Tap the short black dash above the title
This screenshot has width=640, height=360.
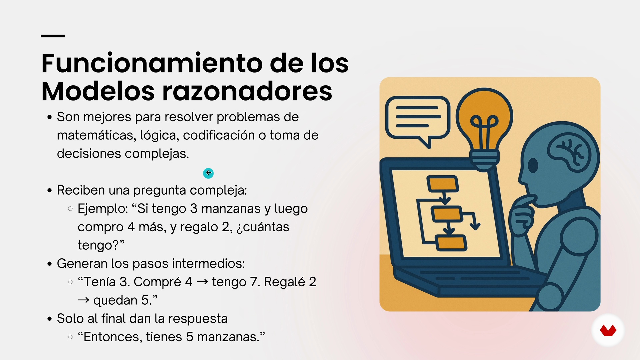(x=53, y=36)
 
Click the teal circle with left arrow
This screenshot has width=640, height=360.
(x=208, y=173)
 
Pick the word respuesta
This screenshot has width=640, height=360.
(x=198, y=319)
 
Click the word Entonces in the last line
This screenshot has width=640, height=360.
(x=110, y=337)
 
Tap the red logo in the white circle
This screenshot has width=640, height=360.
(x=608, y=331)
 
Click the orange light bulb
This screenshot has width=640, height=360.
(x=484, y=128)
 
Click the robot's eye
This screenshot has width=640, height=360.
(x=533, y=165)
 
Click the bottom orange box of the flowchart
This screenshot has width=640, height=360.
(x=451, y=243)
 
